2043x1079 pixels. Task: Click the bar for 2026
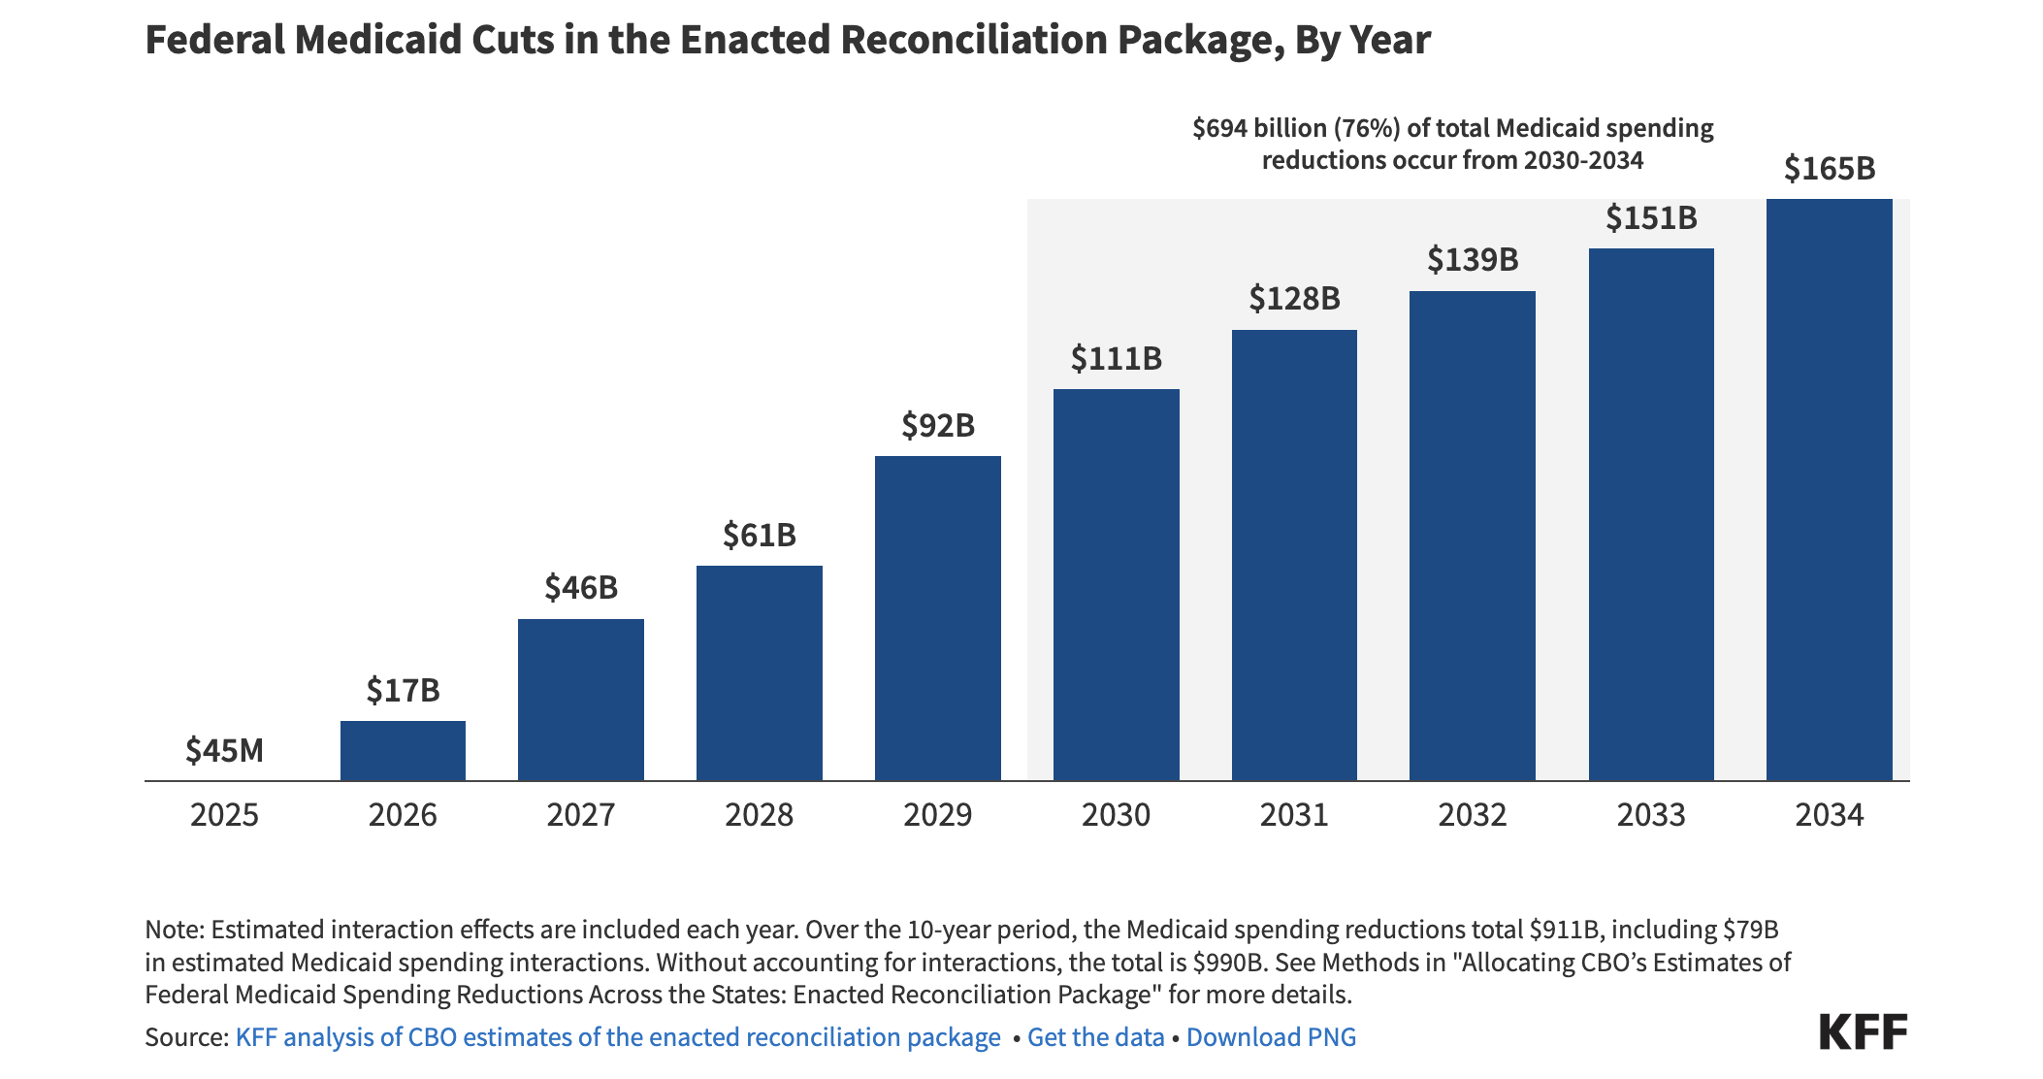click(403, 750)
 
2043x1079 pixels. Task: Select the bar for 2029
click(937, 618)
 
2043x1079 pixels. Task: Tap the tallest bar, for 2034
click(1829, 489)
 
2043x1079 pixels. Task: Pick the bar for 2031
click(1294, 555)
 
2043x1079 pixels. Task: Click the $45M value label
click(224, 750)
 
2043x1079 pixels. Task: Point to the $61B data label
click(759, 535)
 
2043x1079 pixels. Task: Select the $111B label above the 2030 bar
click(1116, 359)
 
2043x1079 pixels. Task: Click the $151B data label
click(1651, 217)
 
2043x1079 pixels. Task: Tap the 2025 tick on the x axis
click(224, 814)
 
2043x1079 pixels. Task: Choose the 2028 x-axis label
click(759, 814)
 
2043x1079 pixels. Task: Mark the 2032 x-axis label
click(1472, 814)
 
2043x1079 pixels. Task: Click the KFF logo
click(1863, 1031)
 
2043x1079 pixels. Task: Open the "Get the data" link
click(1095, 1037)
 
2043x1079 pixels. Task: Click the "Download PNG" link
click(1271, 1037)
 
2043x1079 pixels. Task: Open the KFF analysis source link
click(618, 1037)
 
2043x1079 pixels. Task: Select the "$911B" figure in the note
click(1563, 930)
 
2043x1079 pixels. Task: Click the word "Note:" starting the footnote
click(175, 930)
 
